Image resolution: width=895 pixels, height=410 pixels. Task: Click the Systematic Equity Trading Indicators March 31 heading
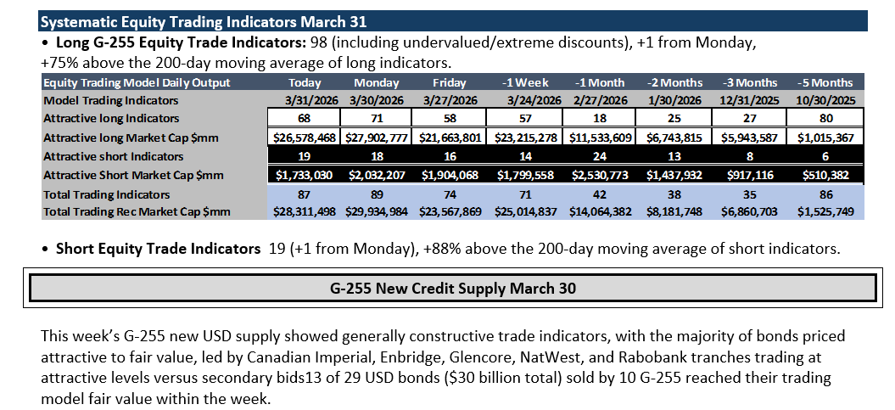[x=204, y=22]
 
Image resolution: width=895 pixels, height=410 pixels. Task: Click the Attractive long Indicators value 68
[x=305, y=118]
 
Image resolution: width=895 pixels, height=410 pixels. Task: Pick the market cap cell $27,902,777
[x=377, y=138]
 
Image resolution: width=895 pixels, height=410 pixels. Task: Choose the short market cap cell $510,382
[x=825, y=176]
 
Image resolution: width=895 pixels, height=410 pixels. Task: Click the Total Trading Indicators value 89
[x=377, y=194]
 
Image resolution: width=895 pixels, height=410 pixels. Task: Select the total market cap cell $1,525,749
[x=825, y=212]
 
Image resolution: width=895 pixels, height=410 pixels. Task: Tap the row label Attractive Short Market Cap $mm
[x=133, y=176]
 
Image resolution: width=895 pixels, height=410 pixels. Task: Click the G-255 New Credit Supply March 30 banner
[x=453, y=289]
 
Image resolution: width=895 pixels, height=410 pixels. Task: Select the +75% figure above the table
[x=58, y=62]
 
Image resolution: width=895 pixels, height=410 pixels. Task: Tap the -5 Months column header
[x=825, y=82]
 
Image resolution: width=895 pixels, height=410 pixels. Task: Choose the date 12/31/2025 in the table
[x=749, y=100]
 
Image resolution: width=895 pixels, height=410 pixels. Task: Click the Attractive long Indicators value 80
[x=825, y=118]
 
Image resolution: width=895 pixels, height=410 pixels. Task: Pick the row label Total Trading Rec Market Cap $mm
[x=137, y=212]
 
